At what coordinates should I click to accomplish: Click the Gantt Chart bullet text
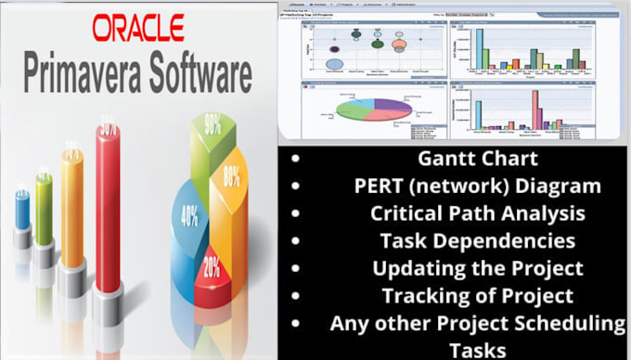(x=454, y=159)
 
